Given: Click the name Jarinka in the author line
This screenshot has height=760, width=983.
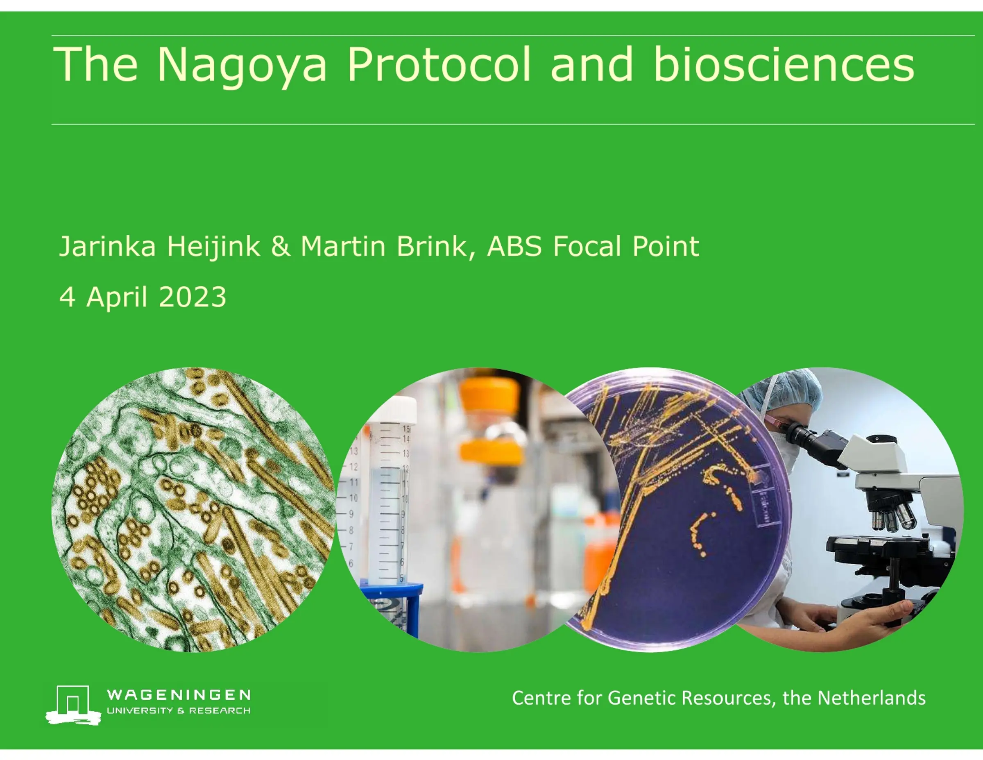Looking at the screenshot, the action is (x=107, y=246).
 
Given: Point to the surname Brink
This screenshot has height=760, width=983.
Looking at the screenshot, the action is (x=432, y=246).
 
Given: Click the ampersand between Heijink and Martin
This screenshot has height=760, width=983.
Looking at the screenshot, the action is (x=281, y=246).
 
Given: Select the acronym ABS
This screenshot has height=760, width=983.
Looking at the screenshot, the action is (x=514, y=246).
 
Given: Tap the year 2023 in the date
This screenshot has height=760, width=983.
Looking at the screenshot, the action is (x=192, y=297).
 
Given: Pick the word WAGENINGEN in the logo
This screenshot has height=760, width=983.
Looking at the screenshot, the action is (x=179, y=695).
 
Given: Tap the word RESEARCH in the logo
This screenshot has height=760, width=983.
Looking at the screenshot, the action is (x=220, y=711).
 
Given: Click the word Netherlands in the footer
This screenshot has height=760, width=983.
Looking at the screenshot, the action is (x=871, y=698).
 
